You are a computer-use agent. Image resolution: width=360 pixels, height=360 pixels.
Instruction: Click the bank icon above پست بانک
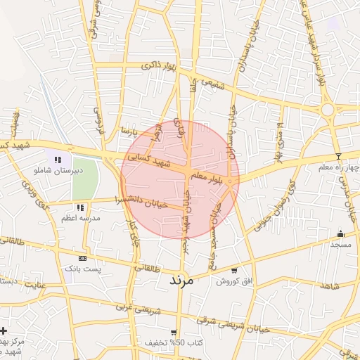[x=83, y=259]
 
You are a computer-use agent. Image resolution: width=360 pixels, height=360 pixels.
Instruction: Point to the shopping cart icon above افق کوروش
[x=233, y=270]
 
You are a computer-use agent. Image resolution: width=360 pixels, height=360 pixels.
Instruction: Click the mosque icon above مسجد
[x=342, y=234]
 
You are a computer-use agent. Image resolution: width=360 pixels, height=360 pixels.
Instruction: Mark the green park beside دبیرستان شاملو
[x=84, y=179]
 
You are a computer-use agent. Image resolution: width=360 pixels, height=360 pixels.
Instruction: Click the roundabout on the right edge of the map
[x=328, y=110]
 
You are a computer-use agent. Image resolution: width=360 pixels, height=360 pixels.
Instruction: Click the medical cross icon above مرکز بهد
[x=4, y=330]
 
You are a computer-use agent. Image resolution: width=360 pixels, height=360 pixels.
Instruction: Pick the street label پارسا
[x=126, y=131]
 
